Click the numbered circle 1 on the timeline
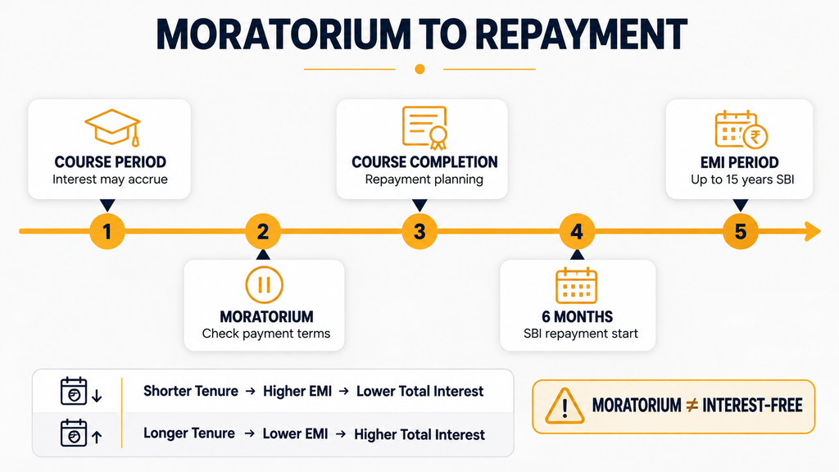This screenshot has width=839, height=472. [x=107, y=231]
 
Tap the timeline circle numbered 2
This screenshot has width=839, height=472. [x=263, y=231]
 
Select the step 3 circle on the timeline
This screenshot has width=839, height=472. [x=419, y=231]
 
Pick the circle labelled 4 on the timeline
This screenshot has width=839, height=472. [x=577, y=231]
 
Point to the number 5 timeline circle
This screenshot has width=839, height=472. [x=741, y=231]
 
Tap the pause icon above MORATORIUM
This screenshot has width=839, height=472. [x=264, y=284]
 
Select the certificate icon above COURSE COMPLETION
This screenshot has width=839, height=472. [x=425, y=128]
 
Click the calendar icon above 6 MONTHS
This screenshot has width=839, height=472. [x=576, y=285]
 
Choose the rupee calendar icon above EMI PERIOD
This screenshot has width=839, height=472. [x=741, y=129]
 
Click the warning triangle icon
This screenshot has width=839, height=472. [x=565, y=406]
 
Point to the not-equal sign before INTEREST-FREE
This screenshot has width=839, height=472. [x=692, y=406]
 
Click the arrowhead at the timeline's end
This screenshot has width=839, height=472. [x=812, y=231]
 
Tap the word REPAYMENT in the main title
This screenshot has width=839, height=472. [x=581, y=34]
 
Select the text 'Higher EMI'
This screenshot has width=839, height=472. [x=297, y=391]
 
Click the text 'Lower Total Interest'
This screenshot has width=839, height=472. [x=420, y=391]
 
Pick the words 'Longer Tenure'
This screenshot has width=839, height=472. [x=189, y=433]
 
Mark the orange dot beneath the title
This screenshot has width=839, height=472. [x=420, y=69]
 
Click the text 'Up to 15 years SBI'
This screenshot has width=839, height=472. [x=742, y=179]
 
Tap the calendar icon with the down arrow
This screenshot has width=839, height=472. [x=80, y=391]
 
